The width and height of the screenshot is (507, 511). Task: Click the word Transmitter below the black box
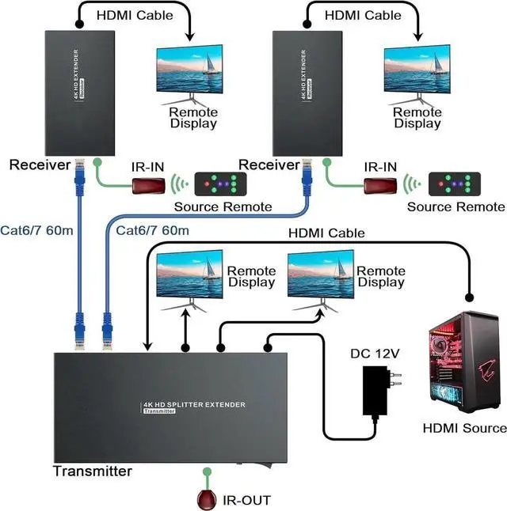click(92, 471)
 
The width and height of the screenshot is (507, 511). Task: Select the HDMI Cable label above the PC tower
click(326, 233)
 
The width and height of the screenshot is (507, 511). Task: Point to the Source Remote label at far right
click(456, 207)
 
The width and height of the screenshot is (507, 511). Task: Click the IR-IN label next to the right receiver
click(382, 167)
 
